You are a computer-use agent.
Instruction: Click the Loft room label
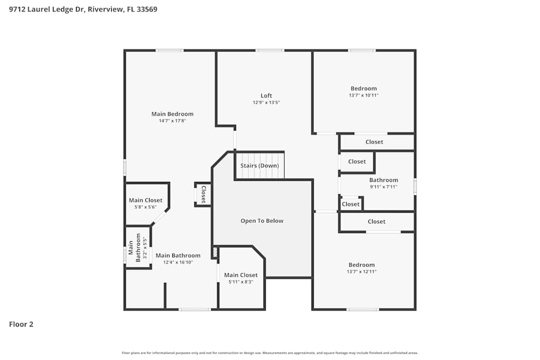pos(266,96)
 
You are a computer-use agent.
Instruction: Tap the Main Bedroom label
pos(172,114)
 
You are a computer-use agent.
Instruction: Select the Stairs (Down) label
pos(259,166)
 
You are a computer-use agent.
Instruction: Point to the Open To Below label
pos(262,221)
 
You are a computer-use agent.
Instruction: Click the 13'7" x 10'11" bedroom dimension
pos(363,96)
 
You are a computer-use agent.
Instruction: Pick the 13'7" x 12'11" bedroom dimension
pos(361,271)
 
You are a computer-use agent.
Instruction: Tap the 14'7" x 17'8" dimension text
pos(172,121)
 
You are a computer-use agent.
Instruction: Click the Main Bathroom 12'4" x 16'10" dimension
pos(178,262)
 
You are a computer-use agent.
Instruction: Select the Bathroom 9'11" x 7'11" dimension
pos(383,187)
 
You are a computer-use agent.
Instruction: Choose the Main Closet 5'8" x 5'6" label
pos(145,201)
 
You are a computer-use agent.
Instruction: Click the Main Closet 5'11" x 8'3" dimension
pos(241,282)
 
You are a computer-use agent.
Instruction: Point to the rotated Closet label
pos(204,194)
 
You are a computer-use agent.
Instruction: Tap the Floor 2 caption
pos(21,324)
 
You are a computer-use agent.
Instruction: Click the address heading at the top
pos(83,9)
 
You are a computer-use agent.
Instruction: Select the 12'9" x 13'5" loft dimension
pos(266,103)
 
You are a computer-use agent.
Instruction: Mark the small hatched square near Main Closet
pos(215,252)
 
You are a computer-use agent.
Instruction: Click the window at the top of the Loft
pos(270,51)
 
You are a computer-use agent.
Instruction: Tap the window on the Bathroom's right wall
pos(415,187)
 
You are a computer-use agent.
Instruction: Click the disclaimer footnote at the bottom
pos(270,353)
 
